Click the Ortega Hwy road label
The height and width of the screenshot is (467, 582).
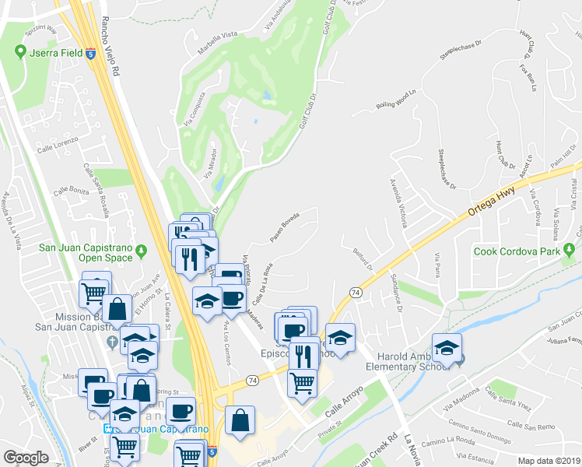click(x=493, y=202)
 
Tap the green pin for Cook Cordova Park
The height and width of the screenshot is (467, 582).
click(x=570, y=251)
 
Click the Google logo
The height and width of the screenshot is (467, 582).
click(x=26, y=458)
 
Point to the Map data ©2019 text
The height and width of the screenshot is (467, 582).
click(x=549, y=460)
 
